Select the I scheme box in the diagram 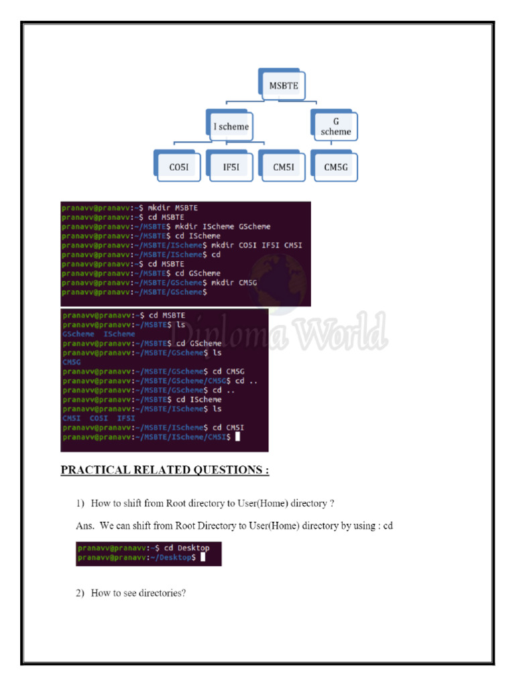point(231,126)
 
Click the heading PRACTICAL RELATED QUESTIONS point(165,470)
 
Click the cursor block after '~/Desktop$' point(203,557)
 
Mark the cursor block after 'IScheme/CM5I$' point(237,437)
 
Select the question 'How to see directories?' point(138,593)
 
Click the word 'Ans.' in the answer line point(85,526)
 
